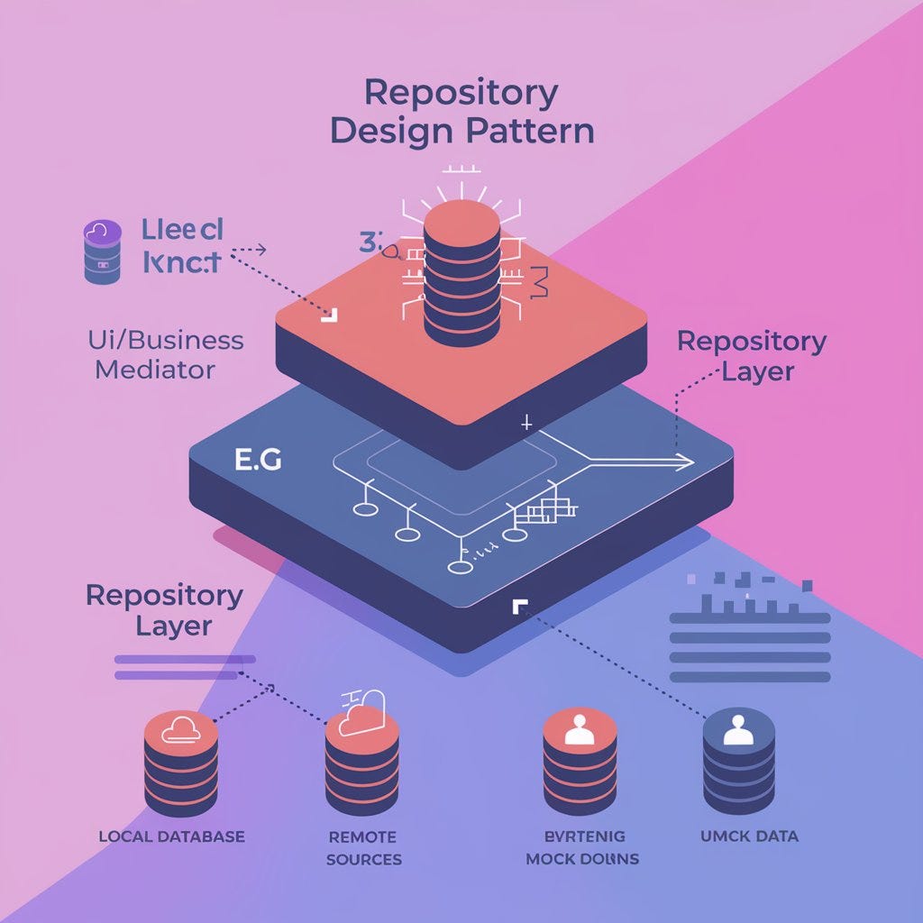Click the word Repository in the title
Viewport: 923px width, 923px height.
[x=461, y=94]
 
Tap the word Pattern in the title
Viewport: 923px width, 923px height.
[x=530, y=131]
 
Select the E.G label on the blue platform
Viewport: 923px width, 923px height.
[x=258, y=460]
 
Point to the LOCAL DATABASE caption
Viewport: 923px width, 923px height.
[x=171, y=836]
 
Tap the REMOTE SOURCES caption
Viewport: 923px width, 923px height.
[x=363, y=847]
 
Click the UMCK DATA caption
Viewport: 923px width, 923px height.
[x=749, y=836]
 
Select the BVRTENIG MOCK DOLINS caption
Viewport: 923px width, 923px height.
[x=581, y=847]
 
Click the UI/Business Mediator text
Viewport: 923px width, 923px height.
[x=166, y=354]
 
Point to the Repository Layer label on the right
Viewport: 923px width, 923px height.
[x=752, y=356]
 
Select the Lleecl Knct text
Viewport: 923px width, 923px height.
[x=182, y=245]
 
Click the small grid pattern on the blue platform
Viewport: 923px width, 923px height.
[x=545, y=512]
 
